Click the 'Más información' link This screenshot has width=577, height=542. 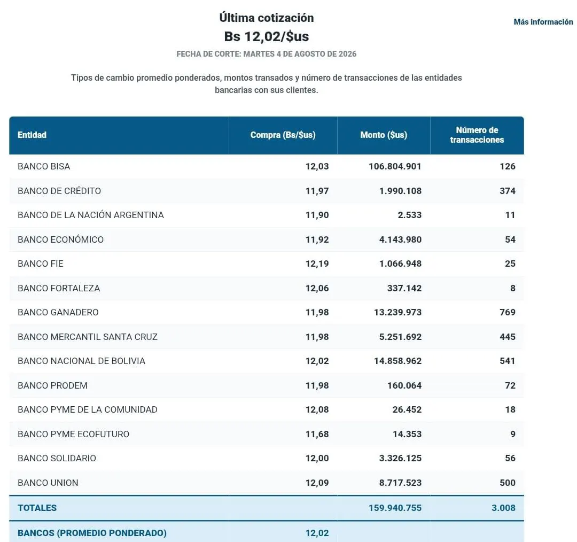[x=543, y=22]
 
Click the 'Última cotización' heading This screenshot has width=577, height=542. [x=267, y=18]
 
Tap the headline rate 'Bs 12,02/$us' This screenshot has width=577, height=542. [x=267, y=36]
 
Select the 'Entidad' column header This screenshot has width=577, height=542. [x=32, y=135]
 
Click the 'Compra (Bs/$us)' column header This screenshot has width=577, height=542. [x=283, y=135]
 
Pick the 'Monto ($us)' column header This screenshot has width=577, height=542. [x=384, y=135]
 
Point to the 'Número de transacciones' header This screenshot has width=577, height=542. [x=477, y=135]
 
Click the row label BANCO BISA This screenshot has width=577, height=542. [x=44, y=166]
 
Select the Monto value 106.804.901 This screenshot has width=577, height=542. [x=395, y=166]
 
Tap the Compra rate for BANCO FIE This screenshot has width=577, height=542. [x=317, y=264]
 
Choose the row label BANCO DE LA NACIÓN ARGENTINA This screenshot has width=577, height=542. [x=90, y=215]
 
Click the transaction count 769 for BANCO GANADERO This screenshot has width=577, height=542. [x=508, y=312]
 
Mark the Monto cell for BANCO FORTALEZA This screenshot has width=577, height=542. [x=404, y=288]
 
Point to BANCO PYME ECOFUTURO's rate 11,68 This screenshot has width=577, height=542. [x=317, y=434]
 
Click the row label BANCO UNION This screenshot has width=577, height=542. [x=48, y=483]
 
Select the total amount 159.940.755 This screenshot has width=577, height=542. [x=395, y=508]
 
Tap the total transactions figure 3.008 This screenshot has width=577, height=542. [x=503, y=508]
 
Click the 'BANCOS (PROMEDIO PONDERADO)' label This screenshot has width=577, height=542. [x=92, y=533]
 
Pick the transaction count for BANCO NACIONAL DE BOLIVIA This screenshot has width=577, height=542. [x=508, y=361]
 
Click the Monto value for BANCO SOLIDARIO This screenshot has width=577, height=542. [x=400, y=459]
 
